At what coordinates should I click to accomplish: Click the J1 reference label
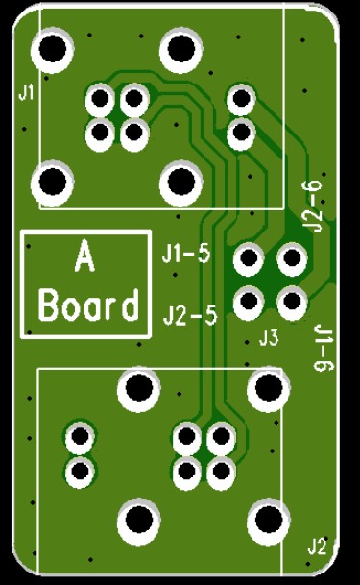point(26,92)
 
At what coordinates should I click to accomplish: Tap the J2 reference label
point(317,547)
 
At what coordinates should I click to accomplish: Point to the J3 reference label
point(269,337)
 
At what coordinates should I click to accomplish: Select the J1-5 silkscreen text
point(186,255)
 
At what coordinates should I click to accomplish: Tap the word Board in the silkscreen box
point(87,306)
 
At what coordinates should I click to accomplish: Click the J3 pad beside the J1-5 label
point(249,257)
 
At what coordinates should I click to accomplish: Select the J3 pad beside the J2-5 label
point(249,302)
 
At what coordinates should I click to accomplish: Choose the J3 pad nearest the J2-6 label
point(292,257)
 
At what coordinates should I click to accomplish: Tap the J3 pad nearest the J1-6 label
point(292,302)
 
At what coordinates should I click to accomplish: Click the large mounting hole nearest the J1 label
point(54,47)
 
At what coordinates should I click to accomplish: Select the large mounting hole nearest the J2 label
point(267,522)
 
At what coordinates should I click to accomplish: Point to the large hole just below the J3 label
point(267,388)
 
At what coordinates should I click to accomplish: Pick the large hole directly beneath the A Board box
point(138,388)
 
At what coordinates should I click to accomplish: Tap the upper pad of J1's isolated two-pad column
point(240,98)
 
